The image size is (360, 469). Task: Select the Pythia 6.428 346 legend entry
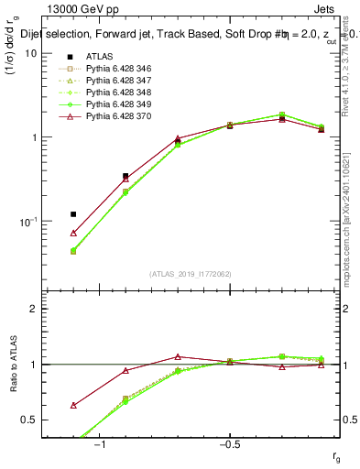115,69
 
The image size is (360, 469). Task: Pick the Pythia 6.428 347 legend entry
115,81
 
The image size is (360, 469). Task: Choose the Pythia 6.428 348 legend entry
115,93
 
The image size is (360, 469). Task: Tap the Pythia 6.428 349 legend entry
115,104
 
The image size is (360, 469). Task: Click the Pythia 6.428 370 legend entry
115,116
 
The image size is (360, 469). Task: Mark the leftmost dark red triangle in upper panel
73,234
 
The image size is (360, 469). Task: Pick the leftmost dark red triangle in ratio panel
73,405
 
